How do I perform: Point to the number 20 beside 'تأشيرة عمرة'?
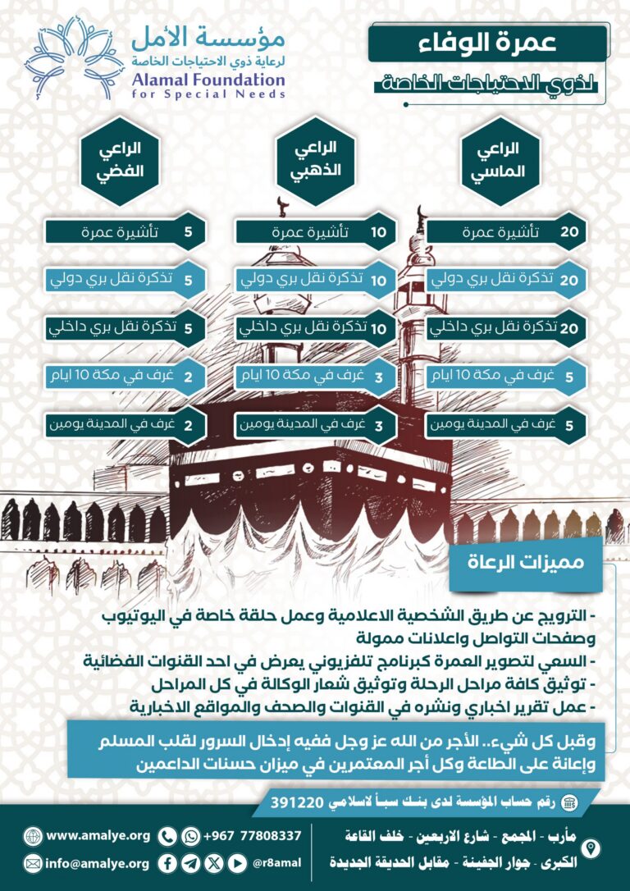(569, 232)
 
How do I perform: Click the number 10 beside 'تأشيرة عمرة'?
(378, 232)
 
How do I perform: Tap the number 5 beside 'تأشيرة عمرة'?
(188, 232)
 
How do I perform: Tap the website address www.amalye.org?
(98, 836)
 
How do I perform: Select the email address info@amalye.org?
(98, 863)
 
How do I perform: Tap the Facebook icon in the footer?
(167, 863)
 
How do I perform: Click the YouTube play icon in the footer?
(237, 863)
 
